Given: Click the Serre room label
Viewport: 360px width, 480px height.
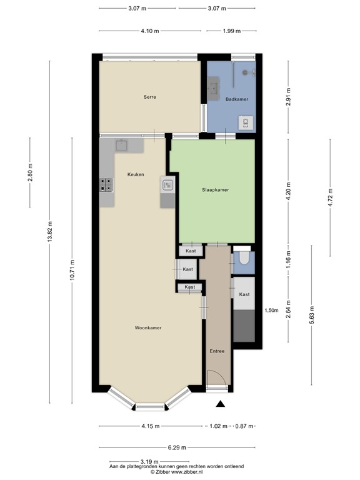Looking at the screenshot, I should (x=149, y=97).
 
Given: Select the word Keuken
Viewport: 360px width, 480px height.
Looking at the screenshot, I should (x=136, y=174).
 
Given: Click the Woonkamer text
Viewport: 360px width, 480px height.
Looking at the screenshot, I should (x=148, y=327).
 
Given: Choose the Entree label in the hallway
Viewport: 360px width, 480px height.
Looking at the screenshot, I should (x=217, y=351).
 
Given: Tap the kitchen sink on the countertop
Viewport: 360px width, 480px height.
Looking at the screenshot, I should (x=121, y=146).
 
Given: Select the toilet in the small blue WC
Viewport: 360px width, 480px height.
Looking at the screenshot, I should (x=244, y=259).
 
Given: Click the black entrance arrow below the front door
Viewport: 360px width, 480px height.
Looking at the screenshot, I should (x=219, y=404).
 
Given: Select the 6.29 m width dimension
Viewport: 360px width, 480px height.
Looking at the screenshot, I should (x=176, y=447).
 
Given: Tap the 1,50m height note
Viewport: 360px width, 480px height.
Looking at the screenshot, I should (x=271, y=310).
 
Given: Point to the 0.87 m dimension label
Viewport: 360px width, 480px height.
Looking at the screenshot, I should (x=244, y=426).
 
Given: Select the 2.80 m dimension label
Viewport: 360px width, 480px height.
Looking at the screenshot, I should (x=30, y=172).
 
